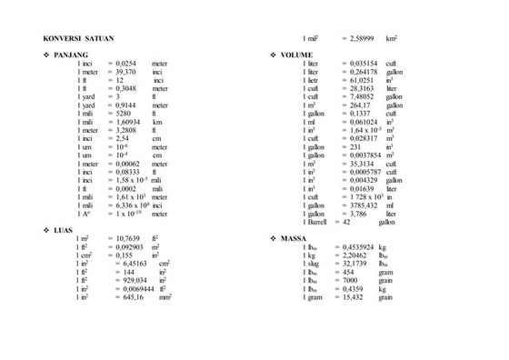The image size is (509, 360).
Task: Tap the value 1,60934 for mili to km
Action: click(128, 121)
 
